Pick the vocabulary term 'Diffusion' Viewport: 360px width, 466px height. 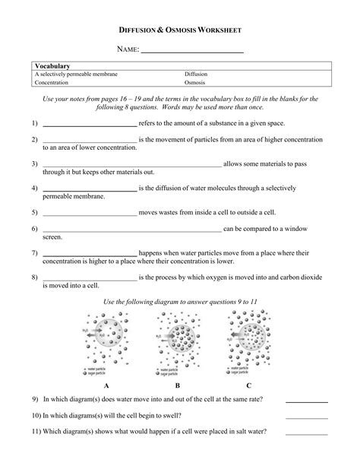pos(196,74)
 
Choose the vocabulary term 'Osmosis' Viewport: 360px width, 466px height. pos(194,84)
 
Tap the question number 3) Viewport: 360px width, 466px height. pos(35,163)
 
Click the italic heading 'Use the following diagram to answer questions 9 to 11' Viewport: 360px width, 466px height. pos(180,302)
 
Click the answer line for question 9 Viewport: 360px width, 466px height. pos(306,401)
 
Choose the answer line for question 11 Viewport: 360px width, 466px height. pos(306,433)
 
